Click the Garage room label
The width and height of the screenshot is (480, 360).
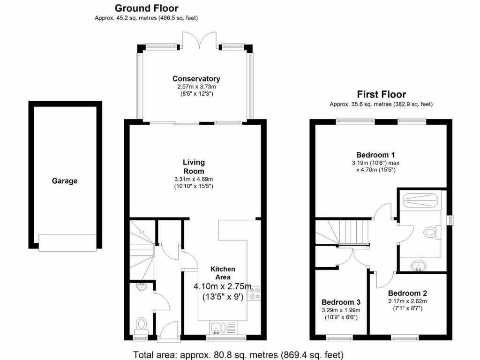(65, 181)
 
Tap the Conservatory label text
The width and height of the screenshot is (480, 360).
(196, 79)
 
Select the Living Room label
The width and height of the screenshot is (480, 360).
(194, 167)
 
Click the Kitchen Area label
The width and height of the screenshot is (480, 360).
(223, 273)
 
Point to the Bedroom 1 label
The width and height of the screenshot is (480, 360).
(375, 155)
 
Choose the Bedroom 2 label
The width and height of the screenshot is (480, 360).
(407, 294)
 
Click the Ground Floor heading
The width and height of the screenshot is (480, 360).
(146, 8)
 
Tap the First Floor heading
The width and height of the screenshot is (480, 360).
(381, 94)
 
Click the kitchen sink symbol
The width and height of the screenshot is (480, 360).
(219, 327)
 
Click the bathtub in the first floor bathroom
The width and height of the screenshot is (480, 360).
(420, 200)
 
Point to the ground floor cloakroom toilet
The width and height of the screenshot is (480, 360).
(141, 324)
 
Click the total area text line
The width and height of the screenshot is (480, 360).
(239, 354)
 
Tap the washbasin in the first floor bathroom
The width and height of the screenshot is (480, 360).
(418, 266)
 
